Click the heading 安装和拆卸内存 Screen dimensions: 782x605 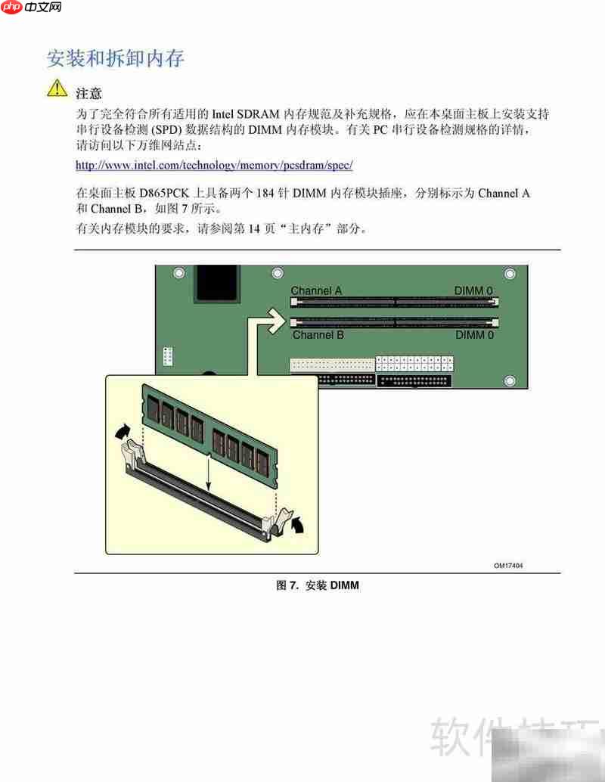pos(116,58)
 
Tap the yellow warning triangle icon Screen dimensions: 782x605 pos(57,89)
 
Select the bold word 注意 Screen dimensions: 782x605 pos(88,93)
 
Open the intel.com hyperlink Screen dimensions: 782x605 pos(214,164)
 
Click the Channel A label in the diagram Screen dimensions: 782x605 pos(316,290)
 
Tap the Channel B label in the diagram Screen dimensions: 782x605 pos(318,335)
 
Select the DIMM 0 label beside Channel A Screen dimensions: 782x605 pos(473,290)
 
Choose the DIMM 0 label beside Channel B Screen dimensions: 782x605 pos(474,335)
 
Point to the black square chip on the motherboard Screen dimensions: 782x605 pos(217,284)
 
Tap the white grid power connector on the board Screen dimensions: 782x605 pos(414,364)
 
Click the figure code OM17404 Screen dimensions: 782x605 pos(508,565)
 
